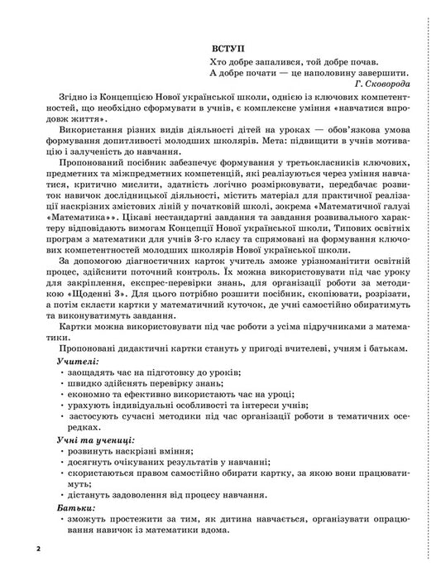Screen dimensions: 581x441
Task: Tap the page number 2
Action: coord(38,549)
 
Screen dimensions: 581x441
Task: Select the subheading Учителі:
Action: coord(79,339)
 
